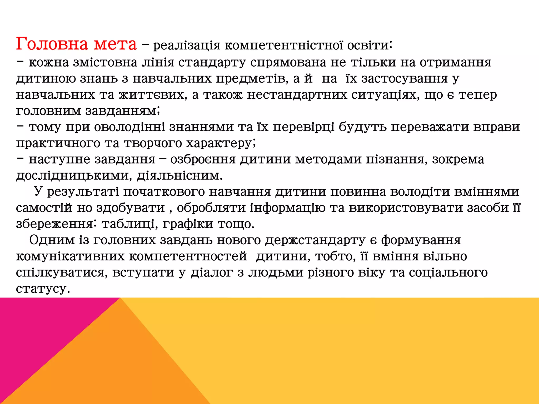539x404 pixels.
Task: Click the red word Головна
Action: coord(52,44)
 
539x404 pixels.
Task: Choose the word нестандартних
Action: coord(297,95)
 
